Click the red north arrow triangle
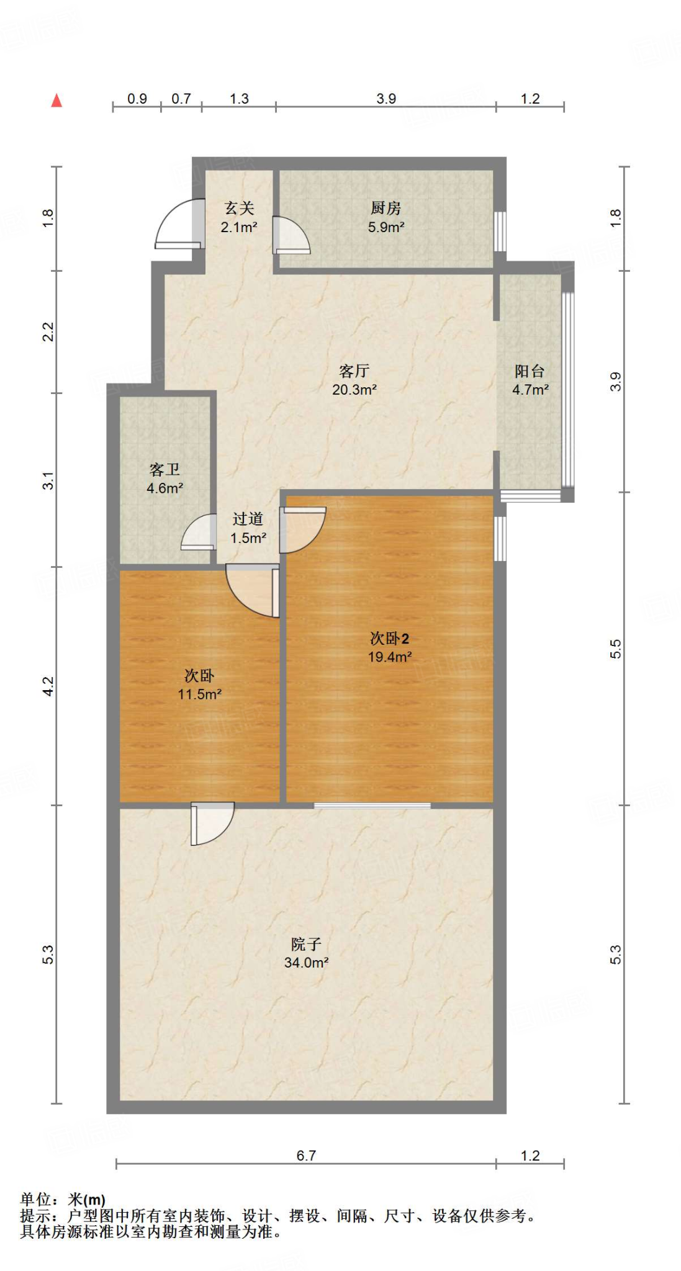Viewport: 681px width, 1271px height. [x=56, y=101]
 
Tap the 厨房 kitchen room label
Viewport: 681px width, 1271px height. [x=386, y=208]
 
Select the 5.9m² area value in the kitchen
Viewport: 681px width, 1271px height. [x=386, y=227]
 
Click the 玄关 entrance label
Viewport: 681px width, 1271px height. [x=239, y=208]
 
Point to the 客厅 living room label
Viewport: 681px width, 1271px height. [x=354, y=371]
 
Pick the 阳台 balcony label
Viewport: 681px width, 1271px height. [x=530, y=371]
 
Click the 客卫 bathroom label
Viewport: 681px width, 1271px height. [x=165, y=470]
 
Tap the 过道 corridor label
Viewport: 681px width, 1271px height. [x=248, y=519]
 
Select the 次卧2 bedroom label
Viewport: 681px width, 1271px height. [x=389, y=638]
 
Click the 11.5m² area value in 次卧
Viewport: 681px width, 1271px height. [x=199, y=694]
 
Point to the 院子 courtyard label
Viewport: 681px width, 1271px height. [x=306, y=945]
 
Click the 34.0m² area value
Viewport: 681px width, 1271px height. [x=306, y=963]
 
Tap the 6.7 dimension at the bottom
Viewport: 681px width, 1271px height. [x=306, y=1156]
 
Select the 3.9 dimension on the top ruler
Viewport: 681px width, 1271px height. [x=386, y=99]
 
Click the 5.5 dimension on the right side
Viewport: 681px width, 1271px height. [x=615, y=649]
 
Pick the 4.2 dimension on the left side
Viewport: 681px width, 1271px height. [x=48, y=686]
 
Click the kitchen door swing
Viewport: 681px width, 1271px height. [x=290, y=236]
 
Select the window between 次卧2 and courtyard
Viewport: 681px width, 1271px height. [x=372, y=806]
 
